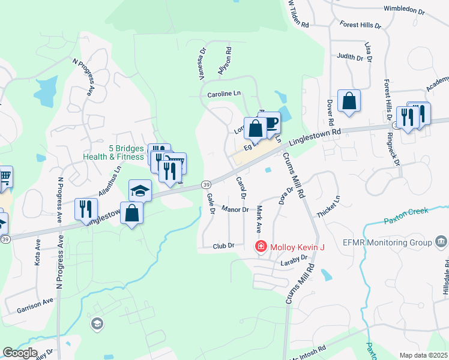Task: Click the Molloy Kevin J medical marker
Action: point(261,246)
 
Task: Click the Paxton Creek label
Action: point(405,215)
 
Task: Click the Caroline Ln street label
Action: point(224,94)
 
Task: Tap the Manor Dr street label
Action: point(235,209)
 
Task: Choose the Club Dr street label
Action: point(223,246)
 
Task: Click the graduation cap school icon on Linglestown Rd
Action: point(140,190)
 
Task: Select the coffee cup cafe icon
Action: point(270,122)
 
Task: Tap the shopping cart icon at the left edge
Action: point(5,176)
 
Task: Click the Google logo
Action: point(20,353)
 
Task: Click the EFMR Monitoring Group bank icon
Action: point(441,242)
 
